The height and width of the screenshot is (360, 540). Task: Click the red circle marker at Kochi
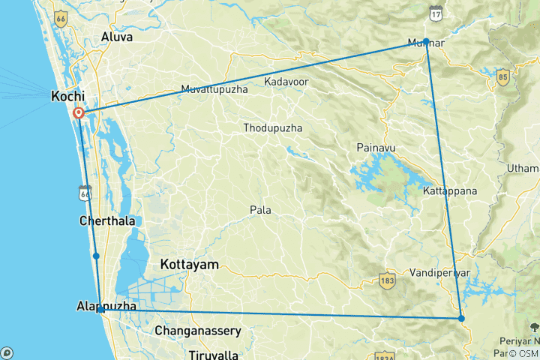78,113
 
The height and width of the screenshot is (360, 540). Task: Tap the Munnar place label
425,43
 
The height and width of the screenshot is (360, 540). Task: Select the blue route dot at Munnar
426,40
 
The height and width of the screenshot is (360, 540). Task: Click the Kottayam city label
189,265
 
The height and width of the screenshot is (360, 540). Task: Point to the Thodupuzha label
272,128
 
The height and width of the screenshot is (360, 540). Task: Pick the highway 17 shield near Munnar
436,13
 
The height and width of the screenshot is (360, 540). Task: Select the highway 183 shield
386,280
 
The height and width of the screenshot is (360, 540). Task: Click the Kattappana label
450,191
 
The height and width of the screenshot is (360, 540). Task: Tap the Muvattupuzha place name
215,90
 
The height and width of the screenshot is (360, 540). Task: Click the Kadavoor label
288,80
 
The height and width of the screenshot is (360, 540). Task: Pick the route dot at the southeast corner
461,319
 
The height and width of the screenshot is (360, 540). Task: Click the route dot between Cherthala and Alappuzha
96,256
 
